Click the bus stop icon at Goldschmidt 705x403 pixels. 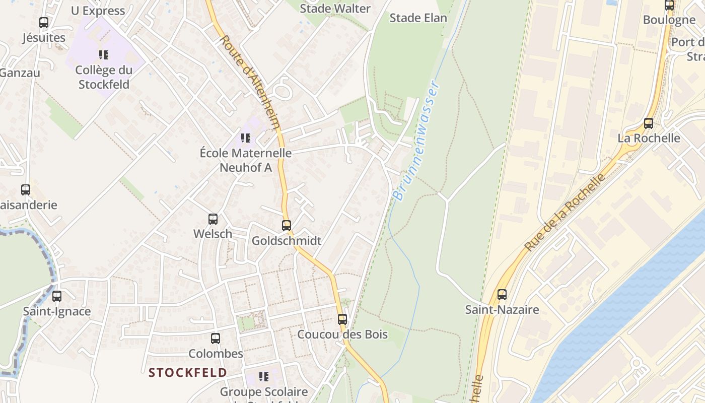click(287, 225)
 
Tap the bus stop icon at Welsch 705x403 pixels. click(213, 219)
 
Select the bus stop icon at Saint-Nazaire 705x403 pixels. click(502, 295)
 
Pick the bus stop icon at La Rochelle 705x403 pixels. click(649, 123)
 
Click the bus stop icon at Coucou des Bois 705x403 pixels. click(342, 319)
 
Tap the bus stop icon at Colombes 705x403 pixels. click(216, 338)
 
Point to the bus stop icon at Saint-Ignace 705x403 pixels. click(57, 296)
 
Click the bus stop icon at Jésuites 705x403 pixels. click(44, 23)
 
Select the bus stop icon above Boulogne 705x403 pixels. click(669, 6)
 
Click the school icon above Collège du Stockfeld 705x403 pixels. click(104, 54)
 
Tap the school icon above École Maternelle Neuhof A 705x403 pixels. click(246, 138)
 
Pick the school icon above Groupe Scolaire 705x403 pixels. click(263, 376)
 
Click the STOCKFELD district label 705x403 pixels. click(188, 373)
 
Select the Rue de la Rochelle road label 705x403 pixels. click(565, 212)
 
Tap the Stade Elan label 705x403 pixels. click(418, 18)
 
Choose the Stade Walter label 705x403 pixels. click(335, 9)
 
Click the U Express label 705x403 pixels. click(98, 11)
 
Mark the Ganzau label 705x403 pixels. click(20, 73)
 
